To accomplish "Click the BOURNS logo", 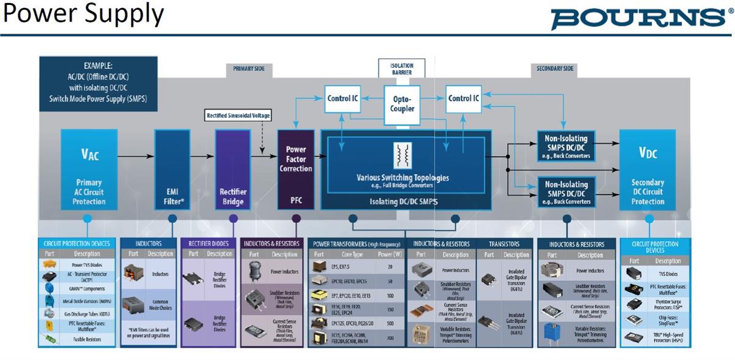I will [x=638, y=18].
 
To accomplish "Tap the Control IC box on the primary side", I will [x=342, y=98].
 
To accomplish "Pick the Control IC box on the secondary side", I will [x=464, y=98].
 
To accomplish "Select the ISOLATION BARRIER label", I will [x=402, y=69].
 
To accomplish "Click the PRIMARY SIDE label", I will [x=249, y=69].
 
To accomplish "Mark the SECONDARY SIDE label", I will [x=555, y=69].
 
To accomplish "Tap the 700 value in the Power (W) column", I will [x=390, y=337].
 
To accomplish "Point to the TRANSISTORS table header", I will [x=504, y=244].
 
